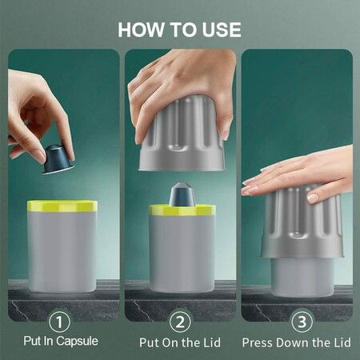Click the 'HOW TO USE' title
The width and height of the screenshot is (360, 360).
[x=179, y=30]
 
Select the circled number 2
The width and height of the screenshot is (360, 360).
[x=181, y=322]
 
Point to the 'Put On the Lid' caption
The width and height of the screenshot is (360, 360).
[x=181, y=342]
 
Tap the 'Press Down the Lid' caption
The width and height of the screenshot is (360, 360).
[x=297, y=342]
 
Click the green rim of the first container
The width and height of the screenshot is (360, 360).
[x=62, y=206]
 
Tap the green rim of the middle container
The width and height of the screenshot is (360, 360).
[x=182, y=210]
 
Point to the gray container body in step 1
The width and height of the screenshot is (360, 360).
[x=62, y=250]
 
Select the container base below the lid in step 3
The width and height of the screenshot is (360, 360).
[x=302, y=276]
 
